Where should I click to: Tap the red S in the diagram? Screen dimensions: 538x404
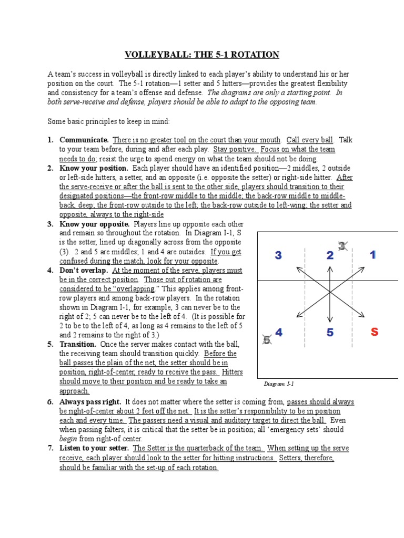tap(374, 332)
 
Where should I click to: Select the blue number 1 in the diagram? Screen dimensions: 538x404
tap(372, 255)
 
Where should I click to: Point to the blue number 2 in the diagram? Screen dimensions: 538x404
tap(330, 256)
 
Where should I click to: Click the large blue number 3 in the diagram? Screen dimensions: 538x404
tap(278, 256)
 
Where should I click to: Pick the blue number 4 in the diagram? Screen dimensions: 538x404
tap(279, 333)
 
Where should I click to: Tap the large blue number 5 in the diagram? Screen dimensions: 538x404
tap(330, 332)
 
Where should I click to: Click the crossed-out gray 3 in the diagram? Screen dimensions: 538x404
tap(342, 245)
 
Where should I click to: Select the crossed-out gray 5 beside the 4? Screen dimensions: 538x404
tap(267, 340)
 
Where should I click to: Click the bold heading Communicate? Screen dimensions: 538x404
tap(84, 140)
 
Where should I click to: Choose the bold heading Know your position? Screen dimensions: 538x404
tap(94, 168)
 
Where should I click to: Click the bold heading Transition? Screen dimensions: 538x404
tap(78, 344)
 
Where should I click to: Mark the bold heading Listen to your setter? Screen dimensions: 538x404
tap(94, 448)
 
